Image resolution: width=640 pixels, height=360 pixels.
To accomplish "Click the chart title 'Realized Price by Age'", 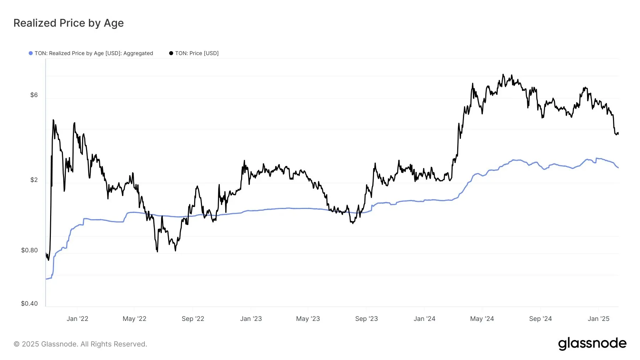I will pos(69,23).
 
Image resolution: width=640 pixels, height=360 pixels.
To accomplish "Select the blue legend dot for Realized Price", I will pos(31,53).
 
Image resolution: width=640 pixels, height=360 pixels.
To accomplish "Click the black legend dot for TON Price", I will pos(171,53).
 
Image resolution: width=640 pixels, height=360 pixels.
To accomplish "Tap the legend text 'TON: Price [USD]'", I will pos(197,53).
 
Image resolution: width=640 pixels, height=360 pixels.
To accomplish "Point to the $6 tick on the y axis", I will pos(34,95).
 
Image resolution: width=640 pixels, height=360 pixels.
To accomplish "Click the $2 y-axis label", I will pos(34,180).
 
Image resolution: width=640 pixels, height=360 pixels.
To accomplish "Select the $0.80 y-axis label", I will pos(29,250).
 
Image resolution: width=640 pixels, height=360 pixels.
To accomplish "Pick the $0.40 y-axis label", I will pos(29,303).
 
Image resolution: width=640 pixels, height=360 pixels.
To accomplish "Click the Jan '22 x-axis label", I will pos(77,319).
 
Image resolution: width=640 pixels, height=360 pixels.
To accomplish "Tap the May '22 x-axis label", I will pos(134,319).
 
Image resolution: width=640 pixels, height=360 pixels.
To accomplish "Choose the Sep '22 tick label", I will pos(193,319).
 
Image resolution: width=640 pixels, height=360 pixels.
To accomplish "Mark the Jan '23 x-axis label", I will pos(251,319).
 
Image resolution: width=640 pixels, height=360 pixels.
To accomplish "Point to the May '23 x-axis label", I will pos(308,319).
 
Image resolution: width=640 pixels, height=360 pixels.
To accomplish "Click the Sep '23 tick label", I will pos(366,319).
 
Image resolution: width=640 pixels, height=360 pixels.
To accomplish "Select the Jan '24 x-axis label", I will pos(424,319).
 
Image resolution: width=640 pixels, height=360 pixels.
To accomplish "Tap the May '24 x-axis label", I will pos(482,319).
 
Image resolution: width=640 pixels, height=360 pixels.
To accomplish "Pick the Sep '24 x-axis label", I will pos(540,319).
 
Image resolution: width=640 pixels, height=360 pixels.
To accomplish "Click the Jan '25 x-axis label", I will pos(598,319).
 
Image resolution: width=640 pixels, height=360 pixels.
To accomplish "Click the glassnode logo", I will pos(592,344).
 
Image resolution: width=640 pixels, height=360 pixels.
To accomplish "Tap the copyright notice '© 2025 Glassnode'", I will pos(80,344).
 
